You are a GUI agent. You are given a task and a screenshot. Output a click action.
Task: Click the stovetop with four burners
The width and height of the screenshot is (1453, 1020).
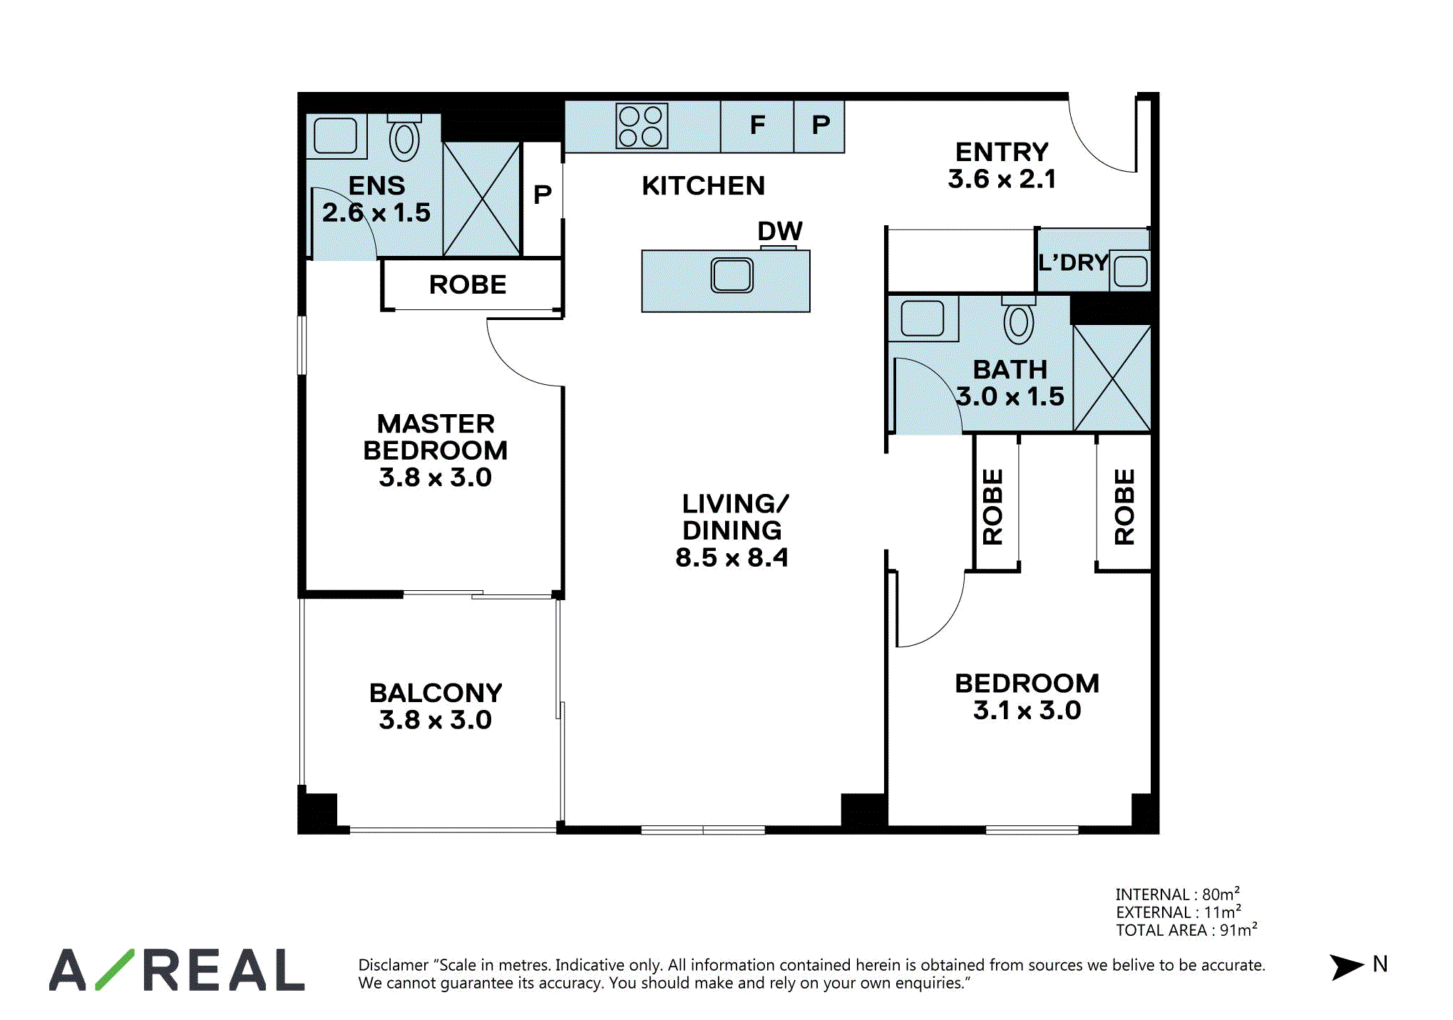[x=642, y=126]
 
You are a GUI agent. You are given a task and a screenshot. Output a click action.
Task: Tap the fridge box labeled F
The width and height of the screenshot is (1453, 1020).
[x=757, y=126]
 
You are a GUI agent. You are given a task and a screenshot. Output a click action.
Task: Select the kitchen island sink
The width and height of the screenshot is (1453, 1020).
[x=732, y=275]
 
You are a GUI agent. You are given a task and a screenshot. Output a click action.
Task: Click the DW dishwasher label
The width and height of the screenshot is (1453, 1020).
[x=780, y=231]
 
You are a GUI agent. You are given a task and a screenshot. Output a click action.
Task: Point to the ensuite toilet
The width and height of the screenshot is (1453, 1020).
[x=404, y=137]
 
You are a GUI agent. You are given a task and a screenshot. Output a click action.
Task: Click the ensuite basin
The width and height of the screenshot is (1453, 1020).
[x=335, y=135]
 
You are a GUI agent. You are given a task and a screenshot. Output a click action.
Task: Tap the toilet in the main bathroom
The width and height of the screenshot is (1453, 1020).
[x=1019, y=320]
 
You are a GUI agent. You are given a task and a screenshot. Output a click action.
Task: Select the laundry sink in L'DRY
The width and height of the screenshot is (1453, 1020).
[x=1130, y=271]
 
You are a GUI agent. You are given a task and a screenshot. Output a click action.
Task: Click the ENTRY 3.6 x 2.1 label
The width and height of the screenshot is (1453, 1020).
[x=1002, y=165]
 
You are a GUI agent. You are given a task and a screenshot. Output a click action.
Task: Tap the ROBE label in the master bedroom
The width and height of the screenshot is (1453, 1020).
[x=468, y=284]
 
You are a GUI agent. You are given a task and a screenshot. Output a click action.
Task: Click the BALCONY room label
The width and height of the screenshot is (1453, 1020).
[x=436, y=693]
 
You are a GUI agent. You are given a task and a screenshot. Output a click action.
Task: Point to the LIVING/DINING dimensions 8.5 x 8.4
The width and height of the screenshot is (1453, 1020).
[x=732, y=557]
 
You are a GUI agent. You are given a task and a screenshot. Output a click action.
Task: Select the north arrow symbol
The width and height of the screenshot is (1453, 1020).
[x=1346, y=967]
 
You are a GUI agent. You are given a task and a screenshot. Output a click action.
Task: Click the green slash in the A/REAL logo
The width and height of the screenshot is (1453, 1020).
[x=115, y=969]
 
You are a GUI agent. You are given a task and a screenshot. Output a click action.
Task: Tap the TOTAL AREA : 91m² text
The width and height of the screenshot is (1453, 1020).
[x=1186, y=929]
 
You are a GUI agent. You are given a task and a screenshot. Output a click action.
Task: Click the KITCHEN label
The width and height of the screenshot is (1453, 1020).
[x=704, y=186]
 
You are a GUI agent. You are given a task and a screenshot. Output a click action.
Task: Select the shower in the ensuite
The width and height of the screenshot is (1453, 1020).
[x=481, y=199]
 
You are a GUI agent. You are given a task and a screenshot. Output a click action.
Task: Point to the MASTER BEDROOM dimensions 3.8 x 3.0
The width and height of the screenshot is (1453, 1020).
[x=436, y=478]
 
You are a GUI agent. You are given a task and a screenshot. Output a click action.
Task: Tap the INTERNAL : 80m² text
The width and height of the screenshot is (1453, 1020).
[x=1178, y=894]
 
